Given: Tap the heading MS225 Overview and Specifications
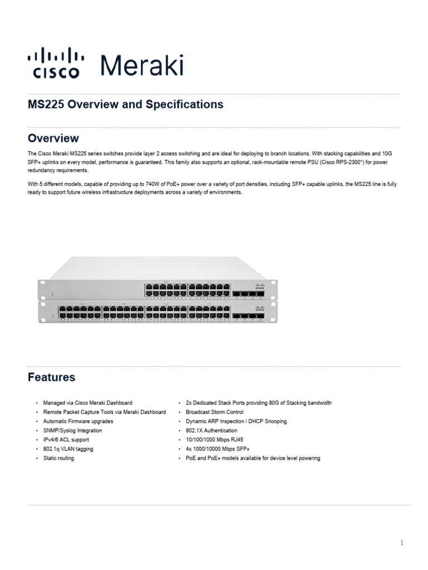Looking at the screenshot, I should [125, 104].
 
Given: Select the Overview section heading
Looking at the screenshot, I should [53, 138].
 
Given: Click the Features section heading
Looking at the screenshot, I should [52, 377].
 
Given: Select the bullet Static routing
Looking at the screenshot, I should [59, 458].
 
